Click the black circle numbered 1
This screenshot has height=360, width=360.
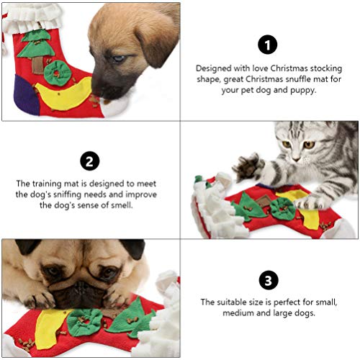tap(268, 45)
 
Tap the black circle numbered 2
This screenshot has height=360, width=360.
tap(90, 160)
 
